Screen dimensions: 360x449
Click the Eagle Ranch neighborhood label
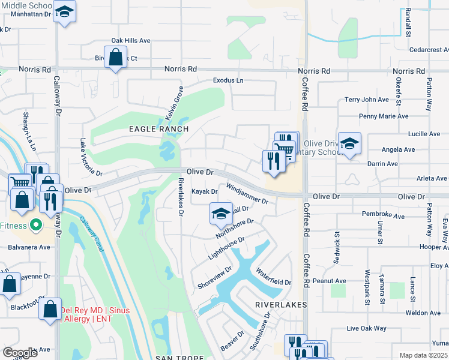[158, 129]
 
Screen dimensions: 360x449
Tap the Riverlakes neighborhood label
[281, 305]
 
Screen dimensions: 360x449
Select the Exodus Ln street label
[228, 80]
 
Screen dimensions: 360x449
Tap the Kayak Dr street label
[204, 192]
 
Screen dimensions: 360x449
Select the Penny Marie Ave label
[383, 116]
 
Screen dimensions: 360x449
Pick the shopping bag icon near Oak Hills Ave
[116, 59]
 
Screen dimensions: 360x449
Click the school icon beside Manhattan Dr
[64, 12]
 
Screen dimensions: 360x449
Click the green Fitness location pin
[35, 225]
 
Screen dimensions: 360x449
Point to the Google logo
[20, 353]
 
